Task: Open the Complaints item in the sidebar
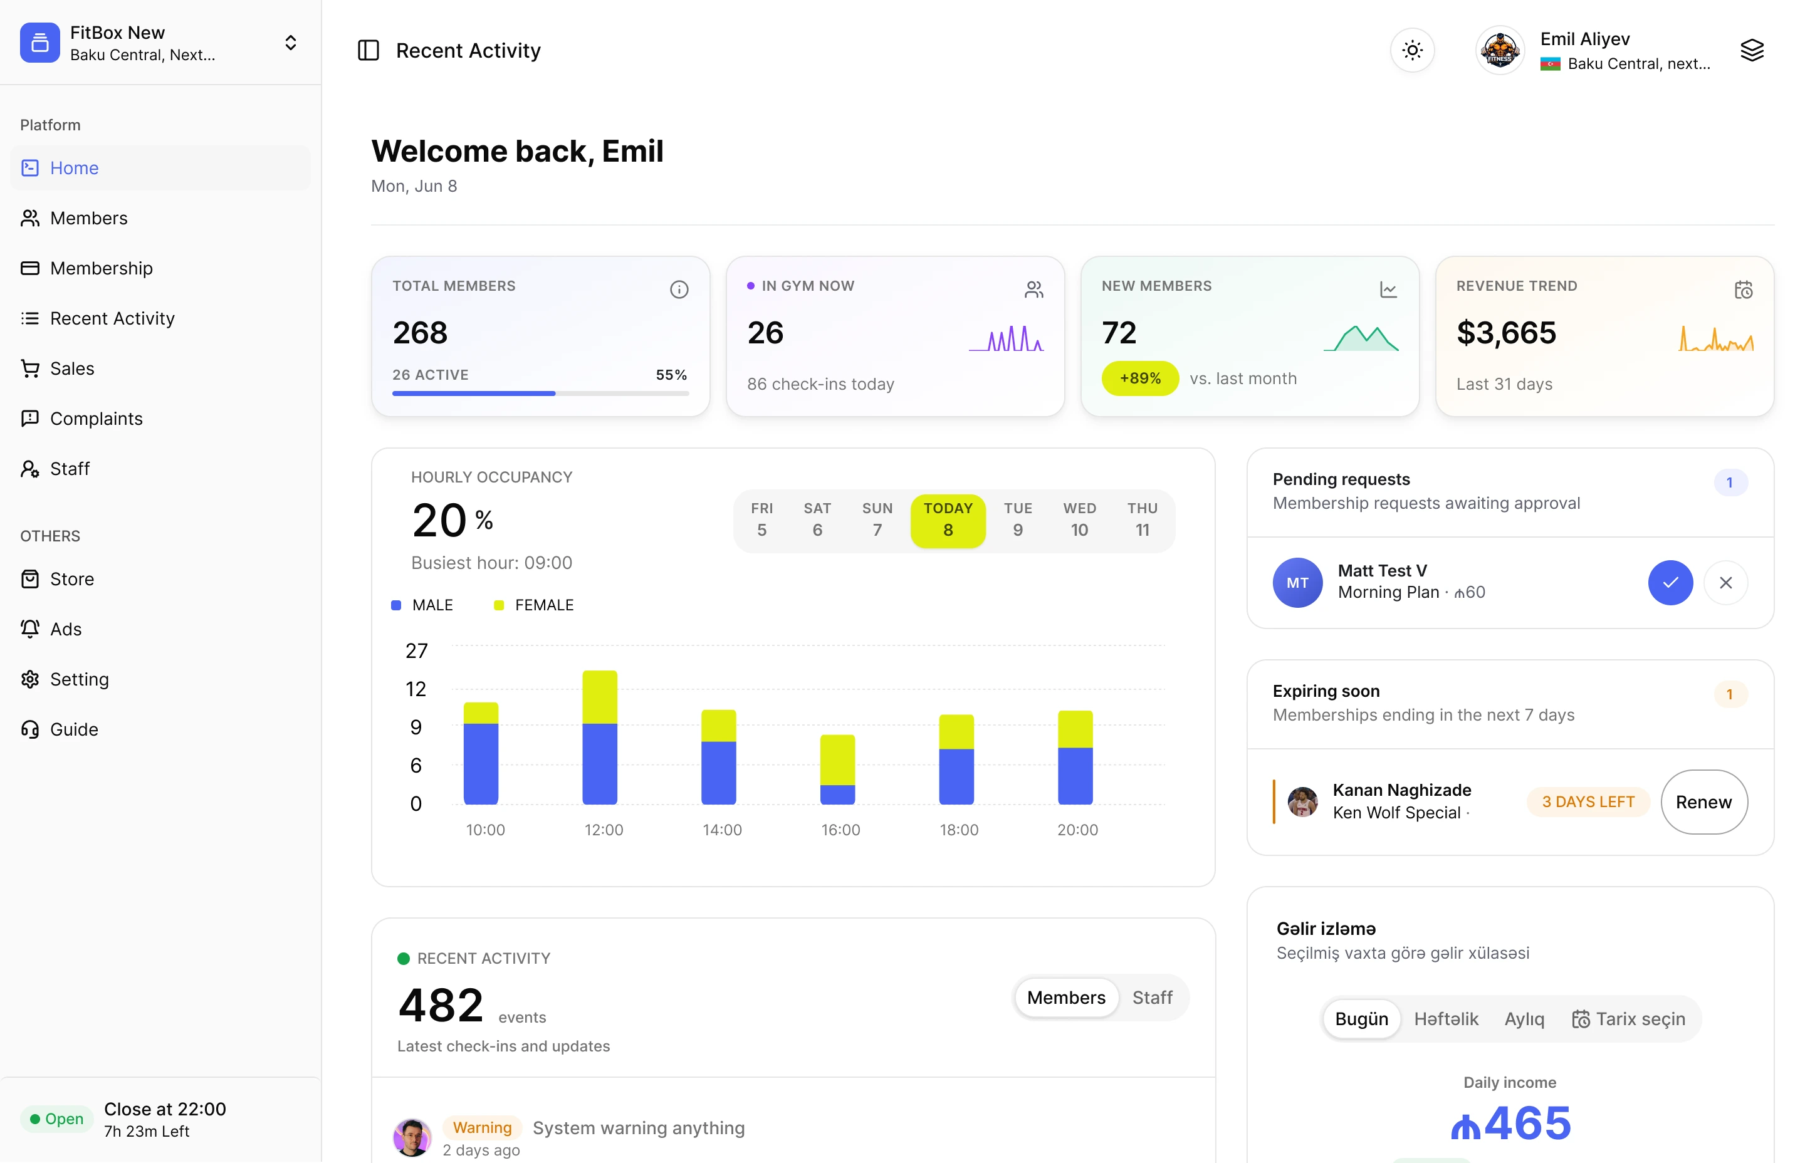coord(81,419)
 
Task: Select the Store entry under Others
coord(58,579)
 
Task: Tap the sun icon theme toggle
coord(1411,51)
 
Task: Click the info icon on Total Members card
coord(679,289)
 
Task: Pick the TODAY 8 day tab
coord(948,519)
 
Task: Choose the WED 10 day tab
coord(1079,519)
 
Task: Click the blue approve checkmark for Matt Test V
coord(1670,583)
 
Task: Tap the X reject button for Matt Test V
coord(1725,583)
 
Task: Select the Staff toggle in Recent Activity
coord(1152,998)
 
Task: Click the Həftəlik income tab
coord(1445,1020)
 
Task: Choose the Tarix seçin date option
coord(1628,1020)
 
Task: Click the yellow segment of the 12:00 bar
coord(600,697)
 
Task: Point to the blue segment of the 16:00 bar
coord(837,795)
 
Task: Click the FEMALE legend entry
coord(534,605)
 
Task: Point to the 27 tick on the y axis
coord(416,651)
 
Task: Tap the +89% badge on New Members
coord(1139,378)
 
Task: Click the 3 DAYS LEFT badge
coord(1588,802)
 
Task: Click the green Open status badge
coord(56,1119)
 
